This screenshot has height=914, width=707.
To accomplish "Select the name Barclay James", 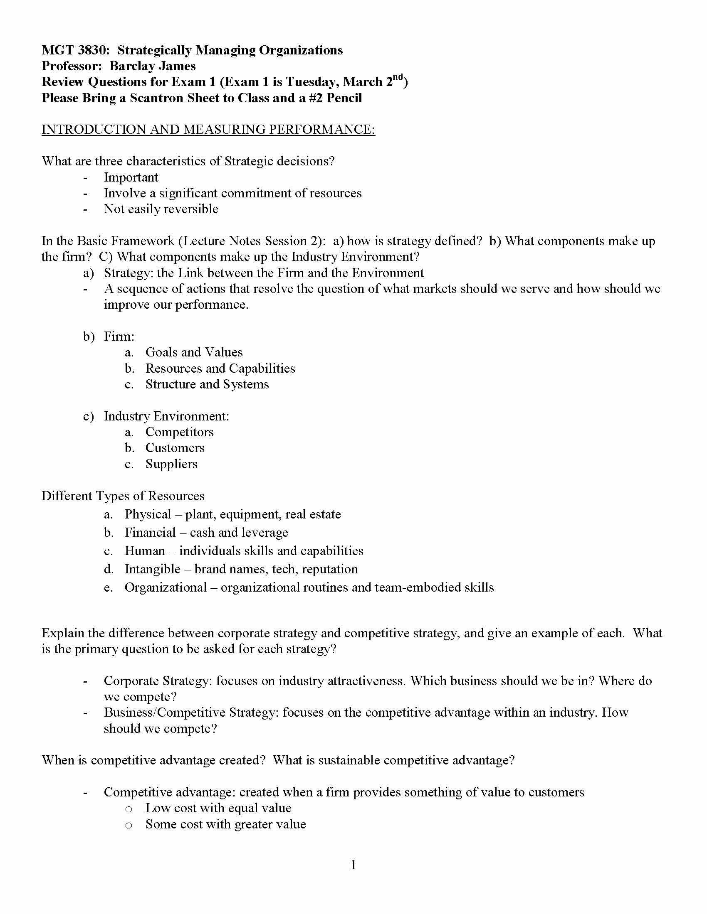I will pyautogui.click(x=153, y=66).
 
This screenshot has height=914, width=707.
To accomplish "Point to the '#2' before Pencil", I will pyautogui.click(x=316, y=98).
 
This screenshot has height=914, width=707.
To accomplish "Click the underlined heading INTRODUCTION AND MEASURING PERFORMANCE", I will pyautogui.click(x=208, y=129).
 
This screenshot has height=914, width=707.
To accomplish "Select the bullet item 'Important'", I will pyautogui.click(x=131, y=177).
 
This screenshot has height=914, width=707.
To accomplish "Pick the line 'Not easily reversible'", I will pyautogui.click(x=161, y=209).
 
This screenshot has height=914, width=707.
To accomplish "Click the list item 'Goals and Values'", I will pyautogui.click(x=194, y=352).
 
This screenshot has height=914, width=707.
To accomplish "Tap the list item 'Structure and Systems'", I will pyautogui.click(x=207, y=384).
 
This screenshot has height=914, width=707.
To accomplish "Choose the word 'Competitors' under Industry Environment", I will pyautogui.click(x=179, y=432).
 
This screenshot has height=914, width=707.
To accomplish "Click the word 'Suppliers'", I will pyautogui.click(x=171, y=464).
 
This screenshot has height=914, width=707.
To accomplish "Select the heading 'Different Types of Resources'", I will pyautogui.click(x=123, y=496).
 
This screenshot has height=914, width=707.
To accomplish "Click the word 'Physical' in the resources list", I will pyautogui.click(x=148, y=514).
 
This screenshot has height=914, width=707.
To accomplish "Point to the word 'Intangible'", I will pyautogui.click(x=153, y=569).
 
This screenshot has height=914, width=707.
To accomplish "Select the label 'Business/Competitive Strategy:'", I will pyautogui.click(x=191, y=713).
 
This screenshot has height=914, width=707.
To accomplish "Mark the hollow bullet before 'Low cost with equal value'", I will pyautogui.click(x=129, y=809).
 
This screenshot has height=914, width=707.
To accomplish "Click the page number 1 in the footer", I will pyautogui.click(x=353, y=865).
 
